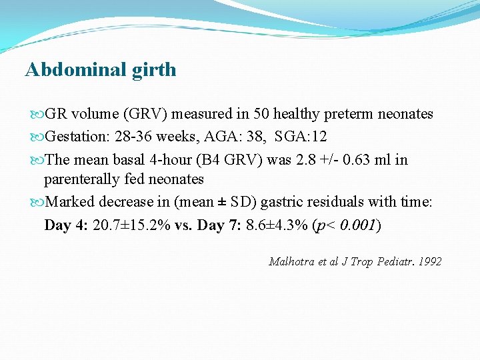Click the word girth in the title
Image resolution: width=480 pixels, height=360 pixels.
click(x=154, y=70)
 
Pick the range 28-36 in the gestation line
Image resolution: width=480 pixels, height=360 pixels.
click(x=136, y=137)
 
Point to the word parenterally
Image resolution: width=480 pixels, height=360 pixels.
click(x=81, y=179)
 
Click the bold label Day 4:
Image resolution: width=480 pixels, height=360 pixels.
click(x=67, y=225)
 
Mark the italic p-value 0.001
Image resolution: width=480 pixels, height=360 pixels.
click(x=358, y=225)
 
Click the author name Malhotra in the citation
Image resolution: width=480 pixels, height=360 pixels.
click(x=292, y=261)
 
